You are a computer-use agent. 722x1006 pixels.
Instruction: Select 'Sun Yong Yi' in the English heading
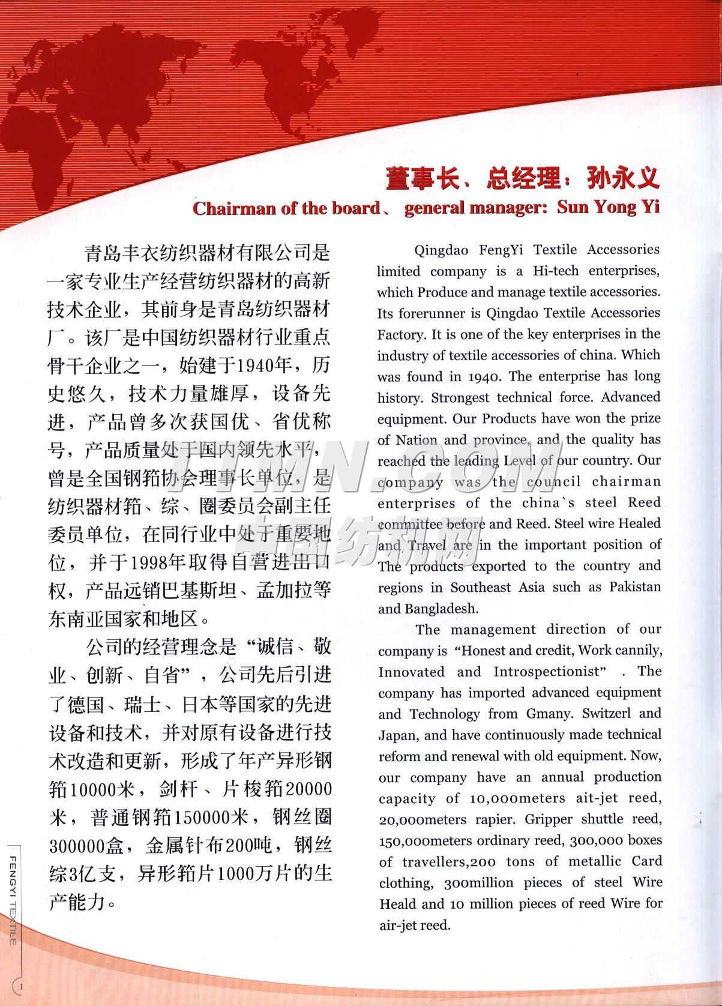(608, 207)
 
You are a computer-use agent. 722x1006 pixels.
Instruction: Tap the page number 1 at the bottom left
(22, 986)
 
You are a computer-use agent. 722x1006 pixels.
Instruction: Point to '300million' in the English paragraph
(471, 883)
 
